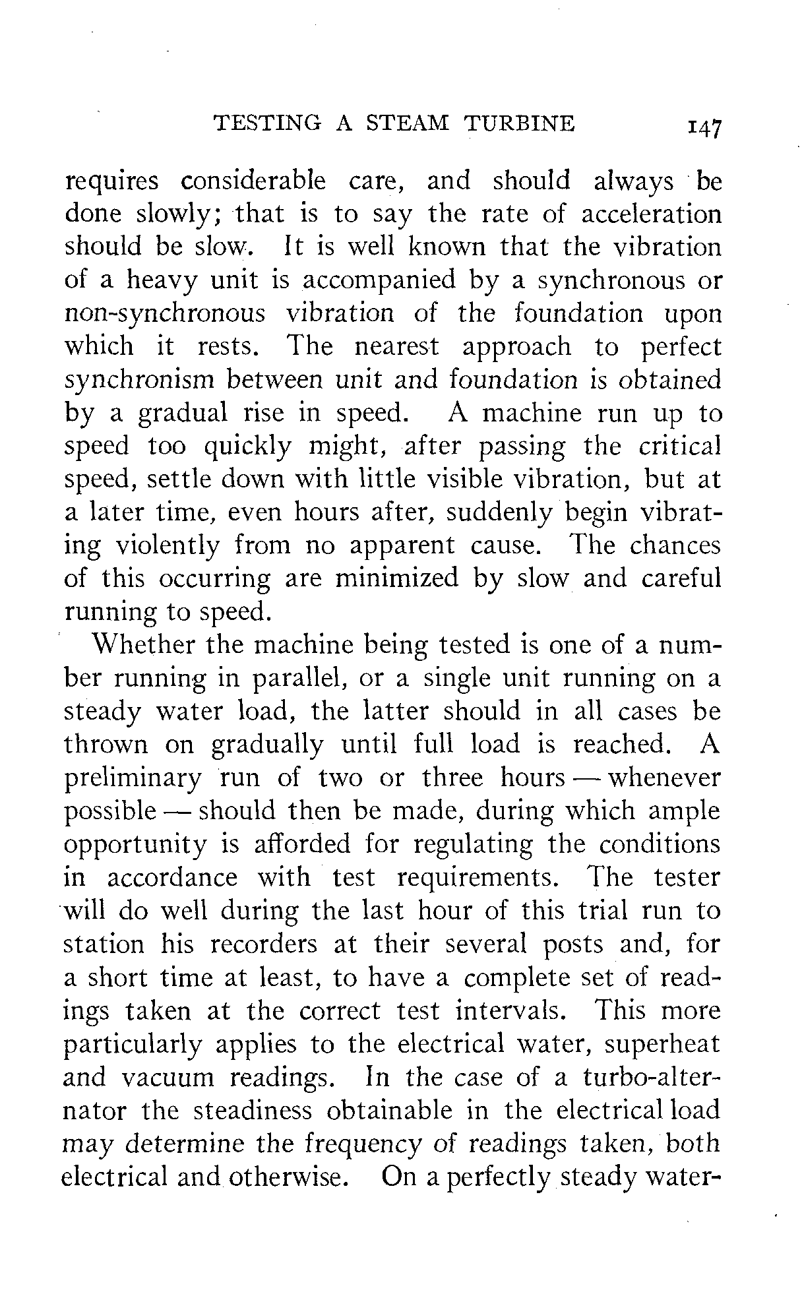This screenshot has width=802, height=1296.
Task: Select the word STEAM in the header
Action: point(407,123)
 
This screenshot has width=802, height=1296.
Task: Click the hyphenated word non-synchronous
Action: point(165,314)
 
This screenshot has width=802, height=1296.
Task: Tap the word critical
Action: point(679,447)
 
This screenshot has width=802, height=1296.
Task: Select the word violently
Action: point(167,546)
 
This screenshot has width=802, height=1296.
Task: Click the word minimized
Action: point(396,578)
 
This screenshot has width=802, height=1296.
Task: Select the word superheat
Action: point(662,1045)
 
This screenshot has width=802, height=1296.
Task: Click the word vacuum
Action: point(168,1078)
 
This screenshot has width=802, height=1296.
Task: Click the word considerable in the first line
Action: point(253,181)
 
